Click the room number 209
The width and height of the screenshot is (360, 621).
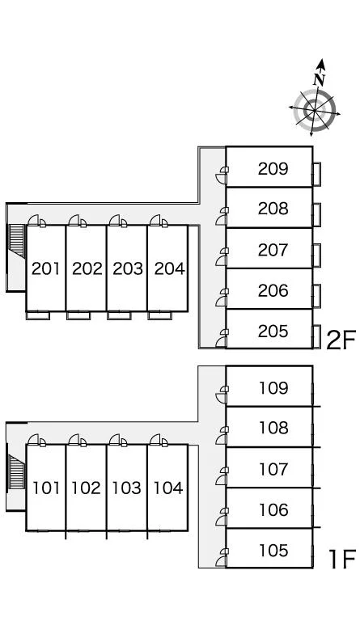(x=273, y=169)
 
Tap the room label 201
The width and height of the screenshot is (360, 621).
(x=46, y=268)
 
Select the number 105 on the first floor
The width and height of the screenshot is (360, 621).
(x=273, y=550)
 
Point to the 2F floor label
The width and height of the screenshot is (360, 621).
(x=341, y=340)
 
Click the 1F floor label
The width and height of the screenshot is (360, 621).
(x=342, y=559)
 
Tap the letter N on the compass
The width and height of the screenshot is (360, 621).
(x=320, y=79)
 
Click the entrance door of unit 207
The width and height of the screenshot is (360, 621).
(x=222, y=256)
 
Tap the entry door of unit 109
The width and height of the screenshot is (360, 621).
(x=222, y=395)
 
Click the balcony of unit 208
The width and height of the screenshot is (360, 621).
(x=316, y=215)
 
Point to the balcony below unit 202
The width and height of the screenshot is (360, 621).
(x=78, y=315)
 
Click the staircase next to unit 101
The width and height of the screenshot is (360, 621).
(x=17, y=471)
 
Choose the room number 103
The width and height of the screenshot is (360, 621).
(x=127, y=488)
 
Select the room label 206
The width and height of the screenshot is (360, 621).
(x=273, y=290)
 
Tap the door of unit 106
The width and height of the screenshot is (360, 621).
(x=222, y=517)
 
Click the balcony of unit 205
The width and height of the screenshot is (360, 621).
(x=316, y=336)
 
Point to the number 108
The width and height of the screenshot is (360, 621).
(x=273, y=428)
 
